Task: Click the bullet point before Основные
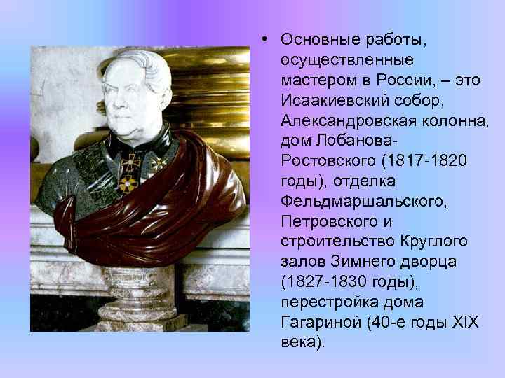pos(261,38)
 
